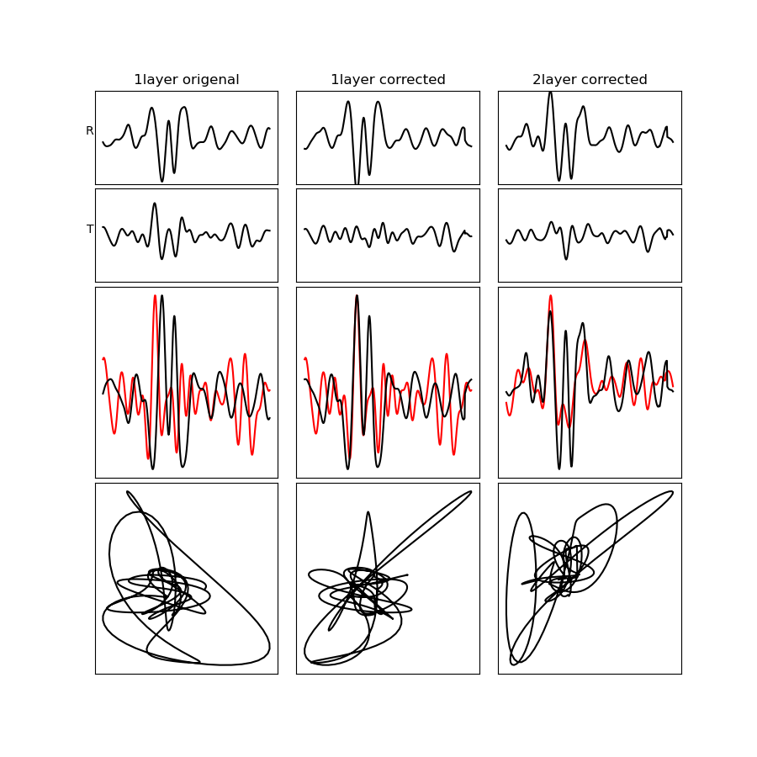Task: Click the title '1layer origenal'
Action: (187, 80)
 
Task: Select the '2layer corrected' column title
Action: (590, 80)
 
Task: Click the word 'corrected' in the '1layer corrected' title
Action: (413, 80)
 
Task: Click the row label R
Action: (89, 130)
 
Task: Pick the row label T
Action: (90, 229)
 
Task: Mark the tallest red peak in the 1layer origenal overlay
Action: (155, 295)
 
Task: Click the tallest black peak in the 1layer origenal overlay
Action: (161, 295)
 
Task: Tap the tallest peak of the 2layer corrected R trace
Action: (550, 93)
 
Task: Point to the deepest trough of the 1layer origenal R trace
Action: (161, 182)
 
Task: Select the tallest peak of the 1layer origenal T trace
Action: (155, 204)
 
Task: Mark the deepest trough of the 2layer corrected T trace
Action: (566, 259)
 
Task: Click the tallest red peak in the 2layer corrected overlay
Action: (550, 295)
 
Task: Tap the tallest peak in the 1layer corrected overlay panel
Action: (357, 295)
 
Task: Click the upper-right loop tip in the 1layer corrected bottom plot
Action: (471, 492)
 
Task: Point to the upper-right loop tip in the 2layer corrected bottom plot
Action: (673, 492)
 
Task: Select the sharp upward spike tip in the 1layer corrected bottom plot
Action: (368, 511)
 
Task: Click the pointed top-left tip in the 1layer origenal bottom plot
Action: (128, 492)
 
